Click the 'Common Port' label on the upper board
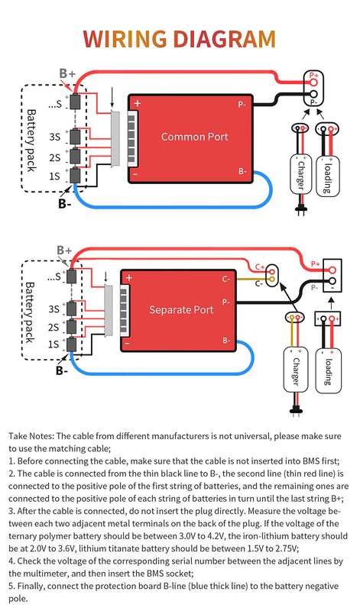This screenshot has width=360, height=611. (x=195, y=137)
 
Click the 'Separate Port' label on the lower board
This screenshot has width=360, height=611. (x=181, y=310)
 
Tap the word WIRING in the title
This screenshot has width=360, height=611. (x=125, y=39)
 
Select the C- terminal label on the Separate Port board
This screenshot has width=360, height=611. (x=226, y=279)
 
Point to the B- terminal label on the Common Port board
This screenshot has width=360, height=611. (x=242, y=170)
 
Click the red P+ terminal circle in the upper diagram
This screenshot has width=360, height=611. (x=314, y=82)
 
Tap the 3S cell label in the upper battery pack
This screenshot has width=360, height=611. (x=54, y=137)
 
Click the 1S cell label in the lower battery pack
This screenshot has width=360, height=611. (x=54, y=344)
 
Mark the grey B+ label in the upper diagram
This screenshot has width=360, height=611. (x=67, y=73)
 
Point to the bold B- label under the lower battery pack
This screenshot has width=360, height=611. (x=62, y=370)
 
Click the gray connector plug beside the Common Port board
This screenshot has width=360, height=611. (x=116, y=139)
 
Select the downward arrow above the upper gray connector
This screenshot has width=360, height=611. (x=112, y=100)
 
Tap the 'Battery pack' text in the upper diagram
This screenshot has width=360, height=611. (x=31, y=141)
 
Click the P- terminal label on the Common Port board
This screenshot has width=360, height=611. (x=242, y=105)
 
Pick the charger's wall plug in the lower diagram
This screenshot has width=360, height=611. (x=297, y=410)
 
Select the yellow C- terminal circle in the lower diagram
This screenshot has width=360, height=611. (x=272, y=279)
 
